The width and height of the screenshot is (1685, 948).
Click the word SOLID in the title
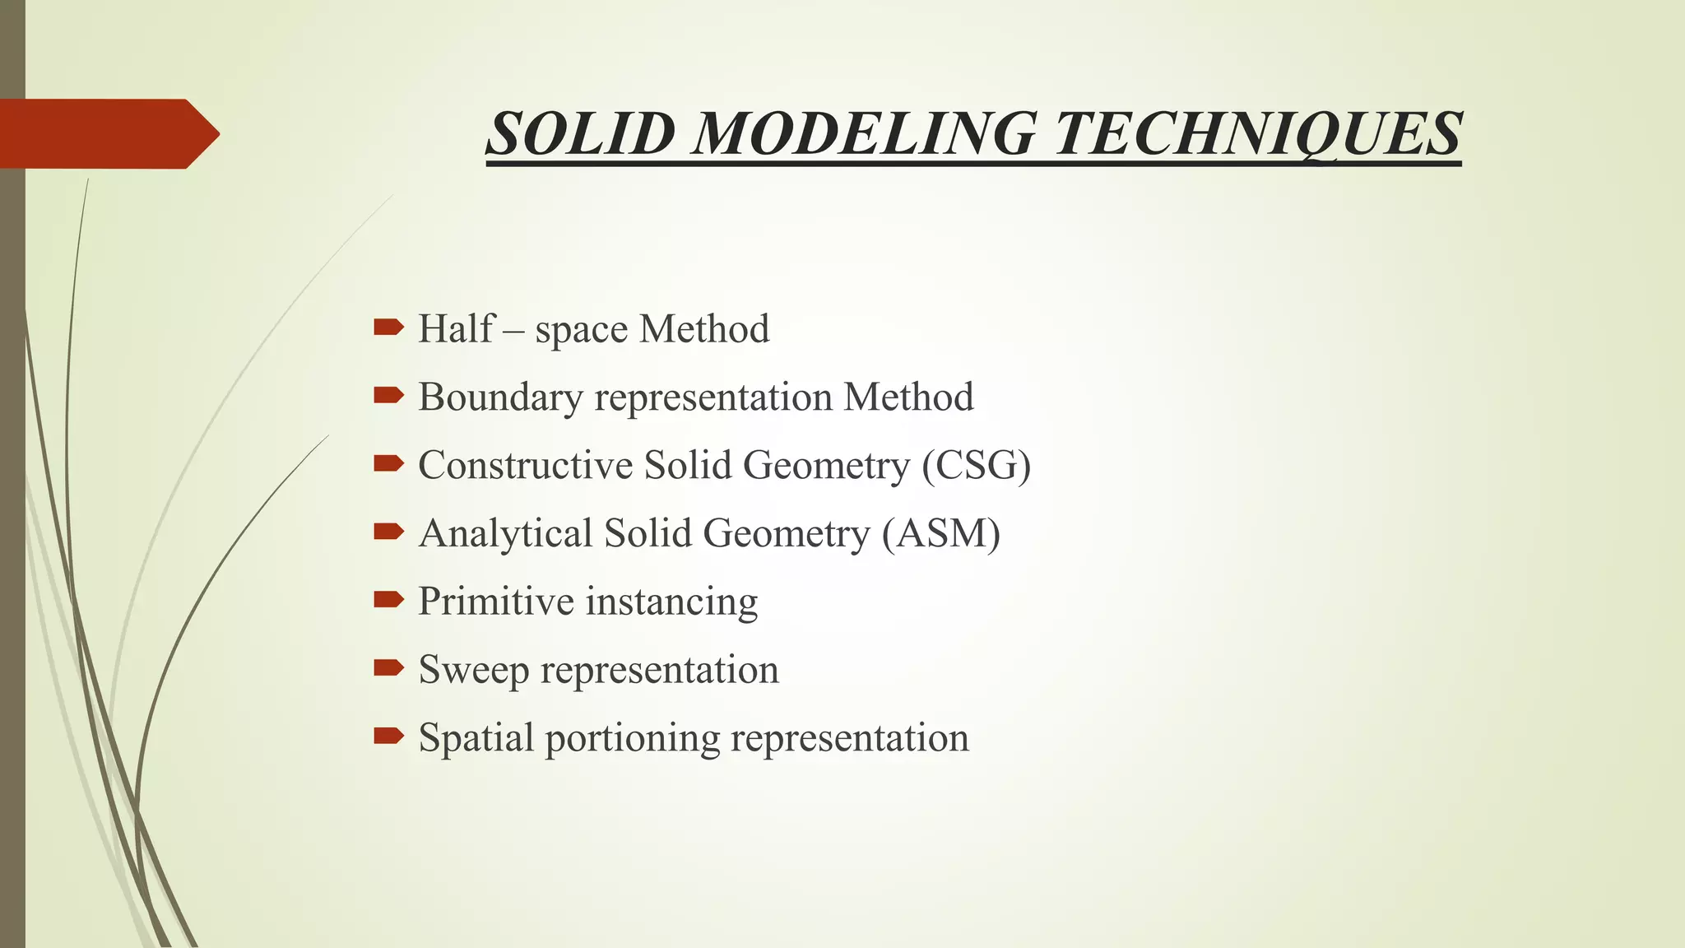click(580, 133)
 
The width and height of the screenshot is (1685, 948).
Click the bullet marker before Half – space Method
click(388, 328)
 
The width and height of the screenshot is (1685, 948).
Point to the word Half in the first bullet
click(457, 328)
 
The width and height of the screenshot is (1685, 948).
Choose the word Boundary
click(501, 397)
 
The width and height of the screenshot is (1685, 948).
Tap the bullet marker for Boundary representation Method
click(388, 397)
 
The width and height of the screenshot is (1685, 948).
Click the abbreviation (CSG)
click(976, 465)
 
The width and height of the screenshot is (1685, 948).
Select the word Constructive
click(525, 465)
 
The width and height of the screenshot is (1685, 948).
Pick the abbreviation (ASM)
click(941, 533)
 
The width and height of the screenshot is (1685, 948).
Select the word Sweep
click(473, 670)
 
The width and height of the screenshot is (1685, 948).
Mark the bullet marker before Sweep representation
click(388, 667)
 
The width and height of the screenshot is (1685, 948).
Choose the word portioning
click(633, 738)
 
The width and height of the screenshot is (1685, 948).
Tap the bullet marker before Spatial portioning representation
click(388, 736)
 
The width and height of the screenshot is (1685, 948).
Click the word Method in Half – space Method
click(704, 328)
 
